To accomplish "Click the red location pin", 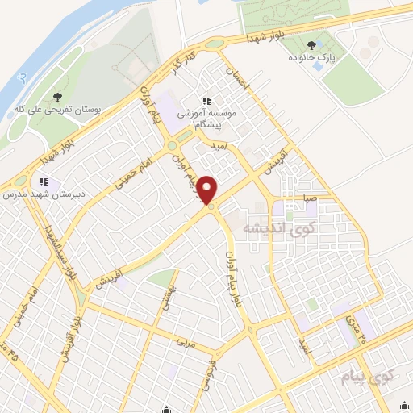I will point(209,190).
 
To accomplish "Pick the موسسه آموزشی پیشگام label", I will point(218,119).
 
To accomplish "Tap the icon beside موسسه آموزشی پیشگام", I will point(206,102).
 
